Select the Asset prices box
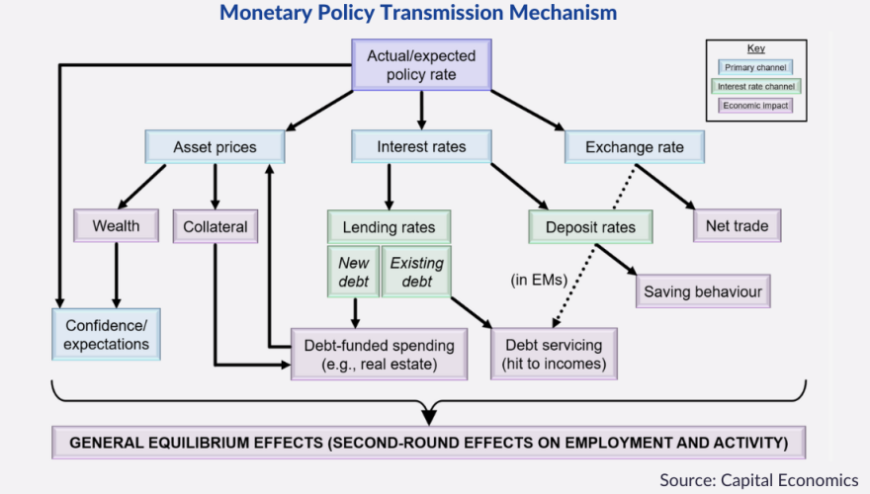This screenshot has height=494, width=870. [x=215, y=147]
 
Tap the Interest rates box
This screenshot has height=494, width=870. [x=422, y=147]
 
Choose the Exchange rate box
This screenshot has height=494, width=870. [x=638, y=147]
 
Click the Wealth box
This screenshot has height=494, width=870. [x=116, y=225]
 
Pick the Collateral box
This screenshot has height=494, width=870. [x=215, y=225]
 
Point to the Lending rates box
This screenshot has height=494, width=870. [x=388, y=227]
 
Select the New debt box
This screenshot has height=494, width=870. [x=353, y=273]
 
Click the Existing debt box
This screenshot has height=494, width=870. [x=415, y=273]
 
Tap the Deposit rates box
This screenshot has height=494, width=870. [x=590, y=227]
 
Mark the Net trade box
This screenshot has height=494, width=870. [x=737, y=225]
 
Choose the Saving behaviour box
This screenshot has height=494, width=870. [x=702, y=291]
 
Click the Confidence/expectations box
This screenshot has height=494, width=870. [x=106, y=334]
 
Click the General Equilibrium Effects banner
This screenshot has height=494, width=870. [x=429, y=442]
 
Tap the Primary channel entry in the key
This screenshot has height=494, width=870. [x=755, y=68]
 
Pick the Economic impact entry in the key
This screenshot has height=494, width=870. [x=755, y=105]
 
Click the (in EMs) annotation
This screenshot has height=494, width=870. [x=538, y=280]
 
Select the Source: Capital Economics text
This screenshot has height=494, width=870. [x=758, y=479]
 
